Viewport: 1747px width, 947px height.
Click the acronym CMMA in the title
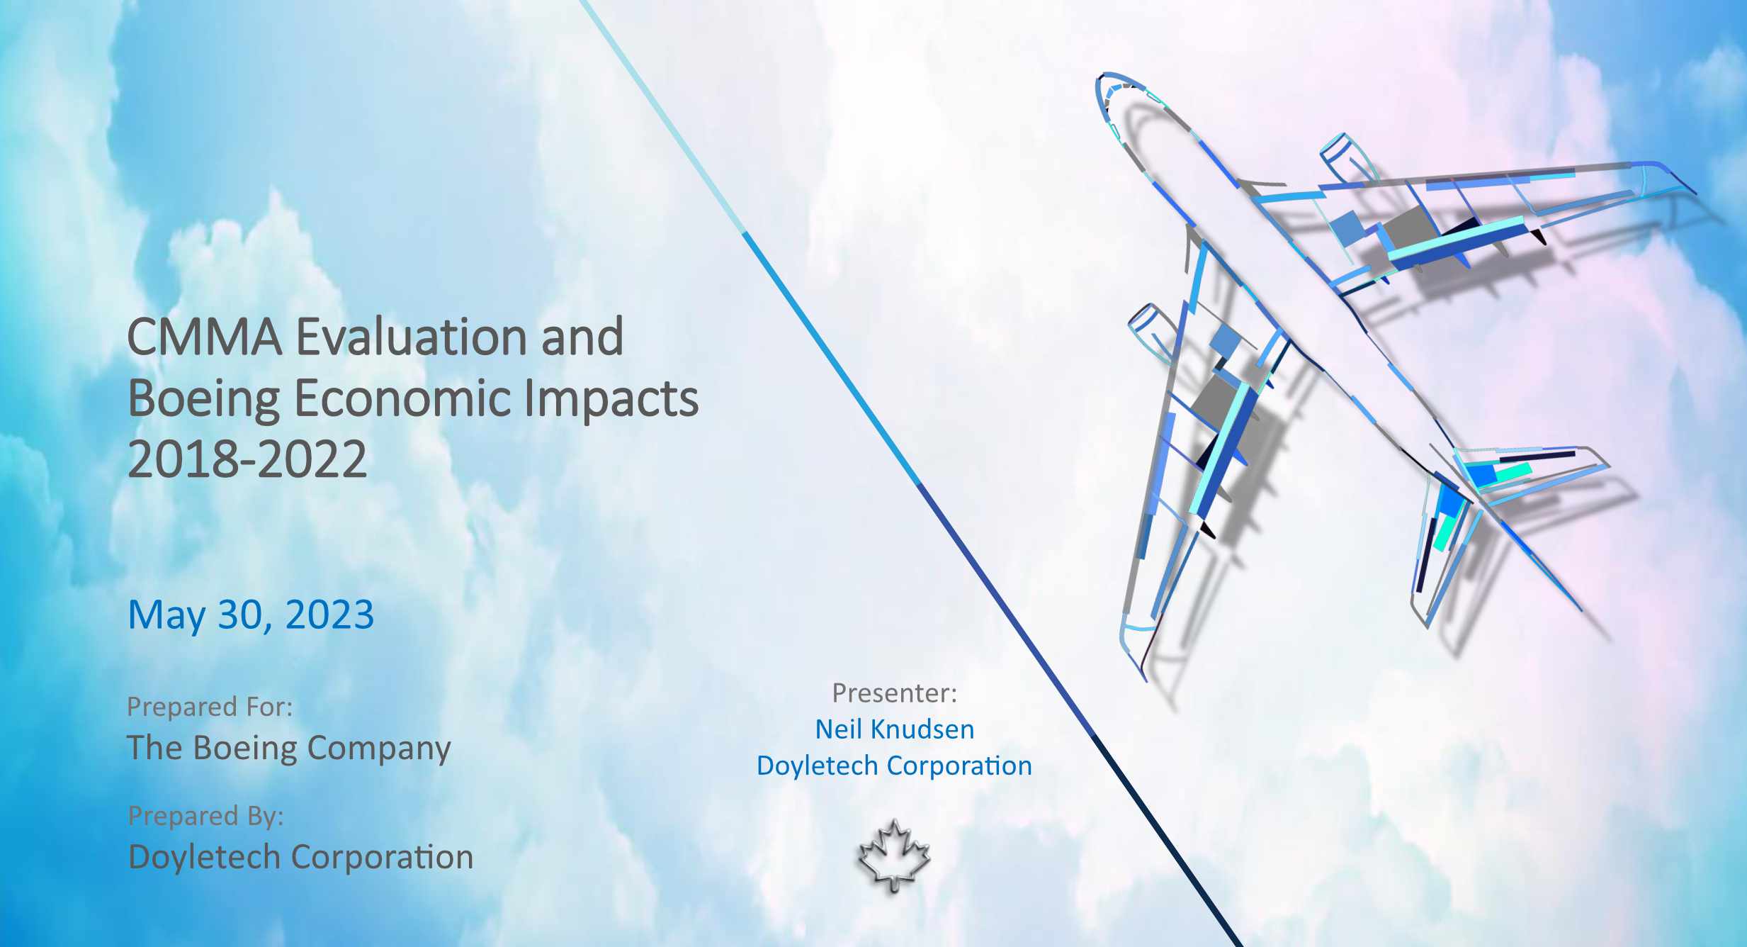click(205, 337)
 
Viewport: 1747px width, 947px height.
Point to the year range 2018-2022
click(247, 459)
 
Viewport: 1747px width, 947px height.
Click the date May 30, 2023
click(251, 615)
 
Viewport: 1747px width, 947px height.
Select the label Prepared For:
click(210, 707)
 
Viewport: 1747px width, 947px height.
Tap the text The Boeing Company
click(289, 749)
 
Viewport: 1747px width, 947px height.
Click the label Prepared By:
click(205, 816)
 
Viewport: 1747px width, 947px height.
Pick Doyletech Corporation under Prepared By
click(300, 857)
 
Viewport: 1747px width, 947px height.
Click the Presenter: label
click(895, 693)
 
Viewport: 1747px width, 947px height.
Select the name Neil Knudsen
click(895, 729)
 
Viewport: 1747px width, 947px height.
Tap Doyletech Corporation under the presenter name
click(894, 766)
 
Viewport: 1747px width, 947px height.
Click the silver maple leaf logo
click(894, 856)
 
